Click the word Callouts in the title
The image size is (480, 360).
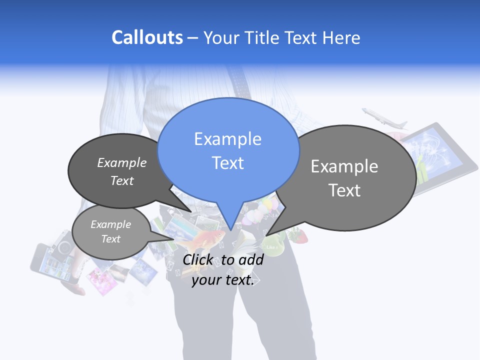click(x=147, y=37)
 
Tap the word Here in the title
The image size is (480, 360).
click(x=340, y=37)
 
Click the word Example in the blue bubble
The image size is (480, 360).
click(x=227, y=139)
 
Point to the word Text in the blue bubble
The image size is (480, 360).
click(x=227, y=162)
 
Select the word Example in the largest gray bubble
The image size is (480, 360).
click(x=344, y=166)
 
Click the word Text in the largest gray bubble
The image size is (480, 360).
click(x=344, y=190)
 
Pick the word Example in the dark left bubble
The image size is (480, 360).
click(x=122, y=163)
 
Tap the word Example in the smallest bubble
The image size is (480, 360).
click(x=110, y=224)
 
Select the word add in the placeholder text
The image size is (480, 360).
click(x=251, y=259)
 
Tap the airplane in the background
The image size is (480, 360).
click(x=384, y=119)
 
